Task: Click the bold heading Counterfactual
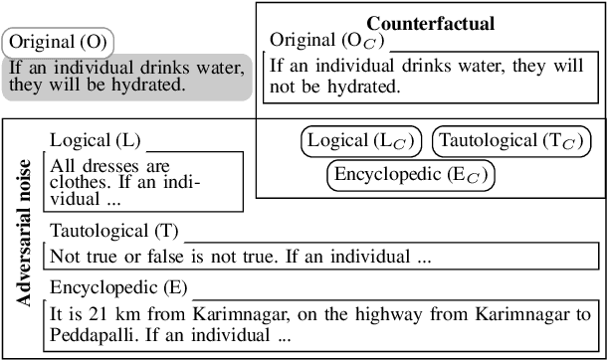point(431,23)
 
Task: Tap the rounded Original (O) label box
point(59,43)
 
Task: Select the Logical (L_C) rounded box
point(361,140)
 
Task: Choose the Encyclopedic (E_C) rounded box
point(411,175)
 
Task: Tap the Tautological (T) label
point(113,231)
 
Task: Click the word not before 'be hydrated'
point(287,87)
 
